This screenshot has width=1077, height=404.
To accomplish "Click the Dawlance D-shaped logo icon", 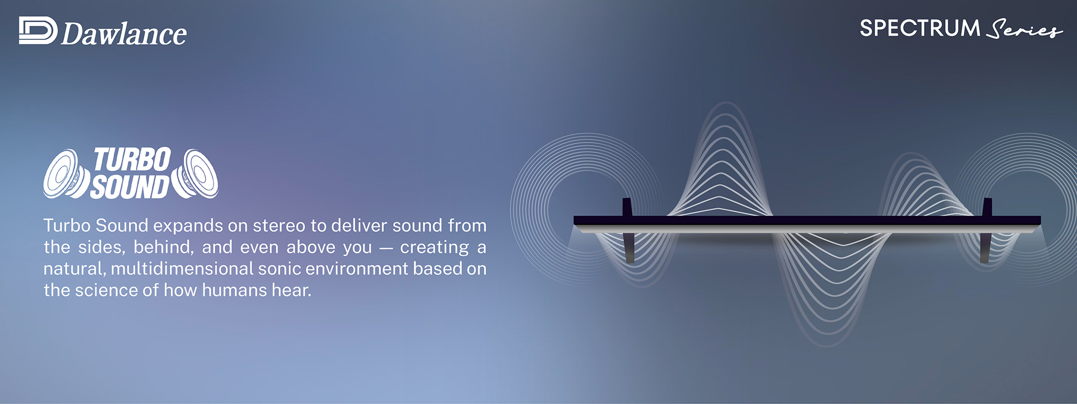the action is (38, 30).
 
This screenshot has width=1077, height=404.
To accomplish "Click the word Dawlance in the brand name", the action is (124, 34).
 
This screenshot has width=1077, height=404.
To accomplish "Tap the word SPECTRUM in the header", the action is (920, 28).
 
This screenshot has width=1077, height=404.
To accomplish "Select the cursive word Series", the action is (1024, 29).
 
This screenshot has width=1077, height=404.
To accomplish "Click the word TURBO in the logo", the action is (132, 160).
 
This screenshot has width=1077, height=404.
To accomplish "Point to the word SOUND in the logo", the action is (130, 186).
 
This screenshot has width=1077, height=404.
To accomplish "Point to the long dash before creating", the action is (386, 248).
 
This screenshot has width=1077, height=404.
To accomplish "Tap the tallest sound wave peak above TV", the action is (726, 103).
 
